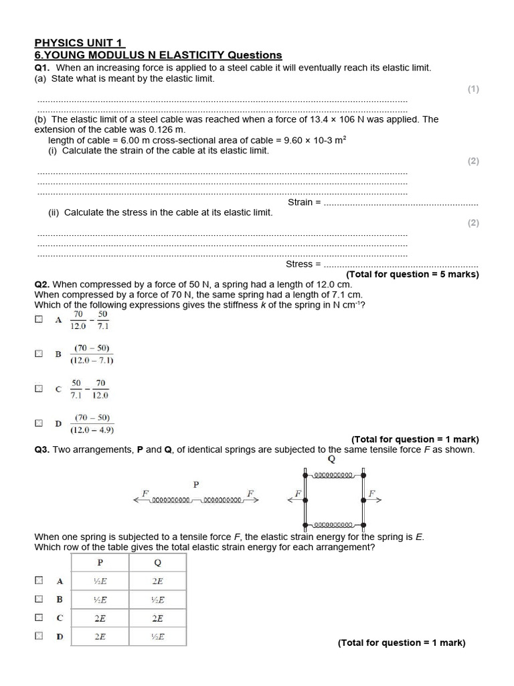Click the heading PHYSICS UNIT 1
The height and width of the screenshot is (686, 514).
pos(79,43)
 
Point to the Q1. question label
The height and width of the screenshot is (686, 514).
pos(44,68)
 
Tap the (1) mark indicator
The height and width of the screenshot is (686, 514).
pos(473,89)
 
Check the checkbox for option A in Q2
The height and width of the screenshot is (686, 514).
pos(39,320)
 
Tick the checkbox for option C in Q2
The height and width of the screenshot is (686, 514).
pos(39,388)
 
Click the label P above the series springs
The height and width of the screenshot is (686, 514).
pos(196,484)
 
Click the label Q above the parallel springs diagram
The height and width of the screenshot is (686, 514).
pos(331,460)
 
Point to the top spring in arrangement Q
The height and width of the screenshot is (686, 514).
pos(333,475)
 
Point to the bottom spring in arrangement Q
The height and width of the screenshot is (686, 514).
pos(333,524)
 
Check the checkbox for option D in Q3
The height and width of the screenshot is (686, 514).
pos(39,636)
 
